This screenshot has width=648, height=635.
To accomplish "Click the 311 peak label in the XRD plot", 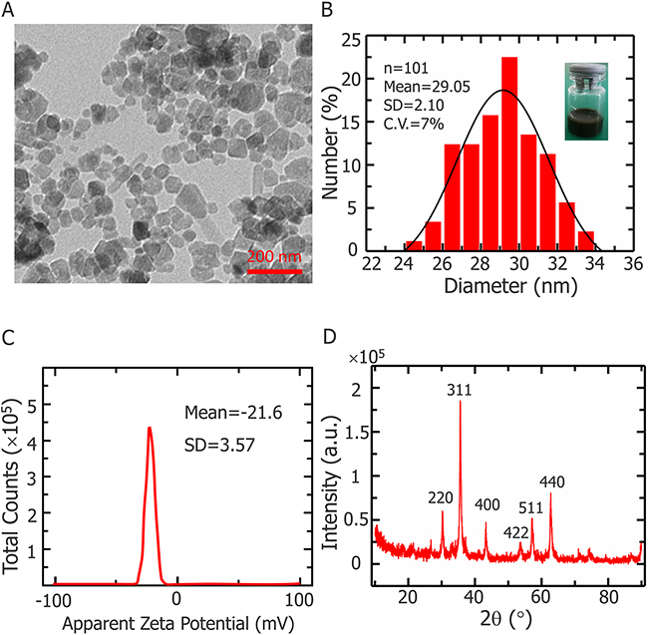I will [x=460, y=391].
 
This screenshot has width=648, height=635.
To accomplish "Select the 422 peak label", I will [x=516, y=533].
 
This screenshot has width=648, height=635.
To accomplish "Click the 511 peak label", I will [x=530, y=508].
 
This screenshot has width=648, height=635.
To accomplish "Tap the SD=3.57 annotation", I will [x=212, y=440].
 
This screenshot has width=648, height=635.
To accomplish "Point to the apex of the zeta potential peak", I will [x=150, y=428].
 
